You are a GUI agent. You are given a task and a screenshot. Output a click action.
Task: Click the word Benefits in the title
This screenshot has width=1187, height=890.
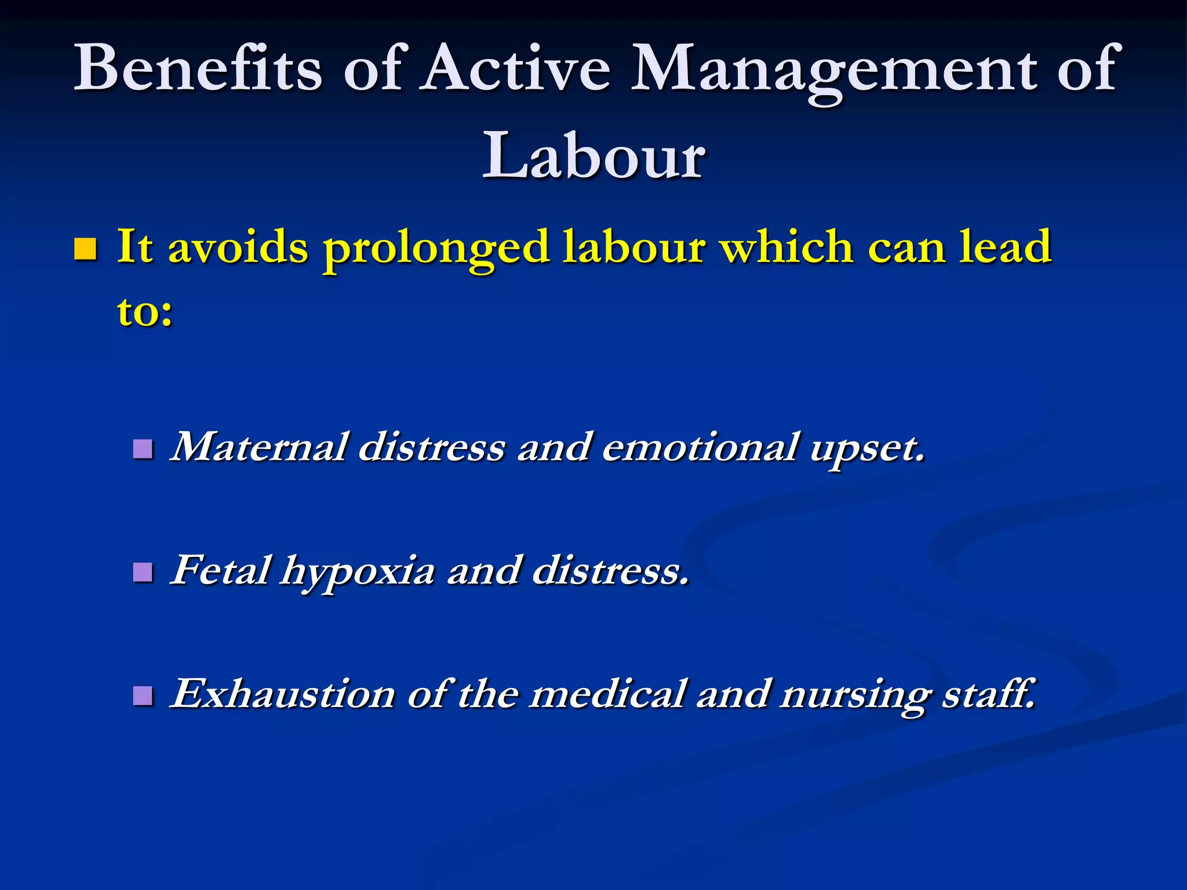[x=197, y=68]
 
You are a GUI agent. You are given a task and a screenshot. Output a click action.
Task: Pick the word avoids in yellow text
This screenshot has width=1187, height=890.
[x=238, y=247]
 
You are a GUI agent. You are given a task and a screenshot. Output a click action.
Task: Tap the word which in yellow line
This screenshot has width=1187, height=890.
[x=787, y=247]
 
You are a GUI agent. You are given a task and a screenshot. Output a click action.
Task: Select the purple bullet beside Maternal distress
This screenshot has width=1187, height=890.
[x=143, y=448]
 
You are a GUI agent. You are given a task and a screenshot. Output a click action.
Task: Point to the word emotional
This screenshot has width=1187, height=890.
[x=699, y=447]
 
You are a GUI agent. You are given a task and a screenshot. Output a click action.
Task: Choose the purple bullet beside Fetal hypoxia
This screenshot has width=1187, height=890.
[x=143, y=572]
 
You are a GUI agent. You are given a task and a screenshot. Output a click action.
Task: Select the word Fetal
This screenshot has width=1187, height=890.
[x=220, y=570]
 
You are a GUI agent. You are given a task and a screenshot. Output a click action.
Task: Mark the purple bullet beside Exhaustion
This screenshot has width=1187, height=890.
[x=143, y=695]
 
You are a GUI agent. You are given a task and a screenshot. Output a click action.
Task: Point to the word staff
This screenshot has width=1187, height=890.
[x=989, y=694]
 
